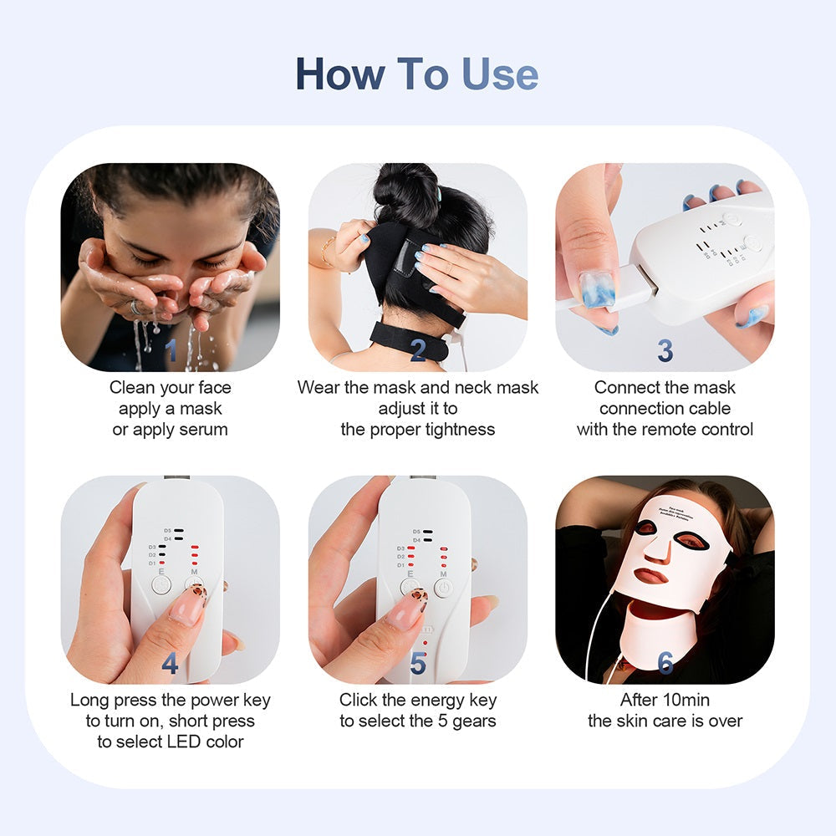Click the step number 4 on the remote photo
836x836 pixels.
click(171, 664)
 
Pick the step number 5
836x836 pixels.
click(418, 664)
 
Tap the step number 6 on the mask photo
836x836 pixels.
click(665, 663)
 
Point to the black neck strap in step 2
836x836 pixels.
click(410, 339)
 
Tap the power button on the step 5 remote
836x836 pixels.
click(443, 588)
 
